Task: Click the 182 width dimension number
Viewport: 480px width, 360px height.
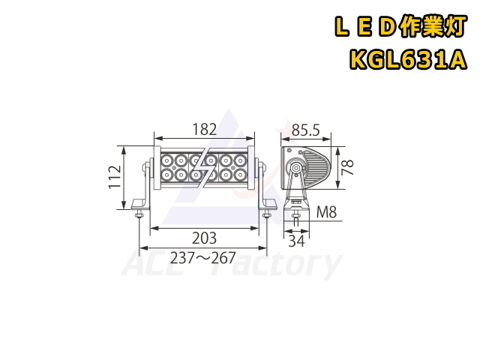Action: point(204,129)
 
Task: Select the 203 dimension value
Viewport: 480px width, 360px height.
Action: point(204,238)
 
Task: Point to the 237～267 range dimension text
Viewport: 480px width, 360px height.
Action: point(204,258)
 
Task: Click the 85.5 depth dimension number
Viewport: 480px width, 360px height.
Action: point(305,130)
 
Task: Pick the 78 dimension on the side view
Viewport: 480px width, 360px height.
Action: point(347,166)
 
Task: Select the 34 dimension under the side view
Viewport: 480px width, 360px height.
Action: point(297,240)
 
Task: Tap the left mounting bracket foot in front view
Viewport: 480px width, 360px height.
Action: point(139,203)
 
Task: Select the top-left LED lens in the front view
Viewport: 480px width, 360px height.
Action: point(164,160)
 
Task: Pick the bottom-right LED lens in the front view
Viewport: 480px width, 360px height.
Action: point(241,175)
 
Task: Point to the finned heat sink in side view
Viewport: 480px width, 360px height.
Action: point(318,166)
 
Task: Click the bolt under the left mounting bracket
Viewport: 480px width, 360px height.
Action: point(139,215)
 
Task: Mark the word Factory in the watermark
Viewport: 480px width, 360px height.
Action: point(277,266)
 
